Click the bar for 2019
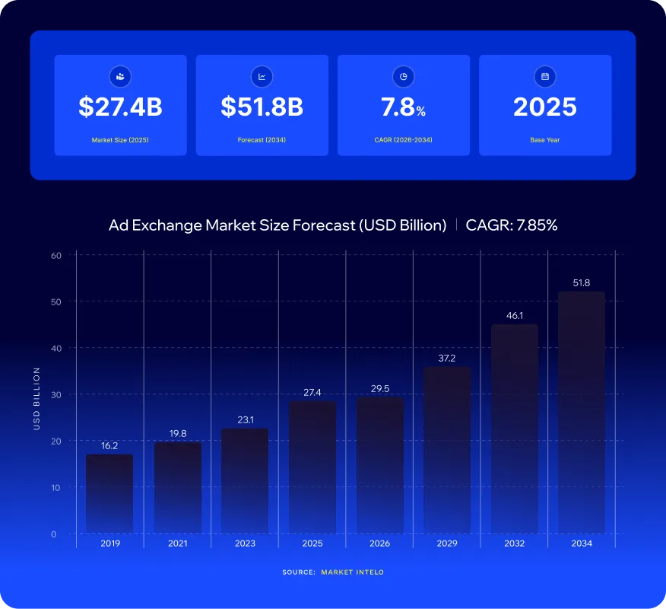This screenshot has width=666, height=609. [x=109, y=494]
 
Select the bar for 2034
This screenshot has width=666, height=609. [x=582, y=412]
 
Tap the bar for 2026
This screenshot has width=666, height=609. [x=379, y=465]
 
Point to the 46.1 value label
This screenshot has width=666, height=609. [x=515, y=316]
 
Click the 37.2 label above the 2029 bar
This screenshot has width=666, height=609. [x=447, y=358]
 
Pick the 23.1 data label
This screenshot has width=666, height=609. [x=246, y=419]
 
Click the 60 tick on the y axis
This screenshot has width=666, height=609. [x=56, y=256]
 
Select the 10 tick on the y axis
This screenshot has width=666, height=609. [x=55, y=487]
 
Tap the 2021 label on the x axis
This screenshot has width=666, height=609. [x=178, y=543]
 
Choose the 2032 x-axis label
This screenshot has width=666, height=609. [x=515, y=543]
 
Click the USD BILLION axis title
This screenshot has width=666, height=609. [x=36, y=398]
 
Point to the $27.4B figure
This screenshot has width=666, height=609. [x=120, y=107]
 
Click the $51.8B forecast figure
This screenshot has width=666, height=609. [x=262, y=107]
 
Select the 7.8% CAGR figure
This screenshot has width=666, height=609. [x=403, y=107]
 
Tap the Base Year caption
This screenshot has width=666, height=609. [x=545, y=140]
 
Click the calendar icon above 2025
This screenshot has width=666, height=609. [x=545, y=77]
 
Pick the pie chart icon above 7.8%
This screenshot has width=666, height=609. [x=403, y=77]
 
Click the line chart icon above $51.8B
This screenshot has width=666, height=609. [x=262, y=77]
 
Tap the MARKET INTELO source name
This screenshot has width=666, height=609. [x=352, y=572]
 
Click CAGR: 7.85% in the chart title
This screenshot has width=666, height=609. [x=512, y=225]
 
